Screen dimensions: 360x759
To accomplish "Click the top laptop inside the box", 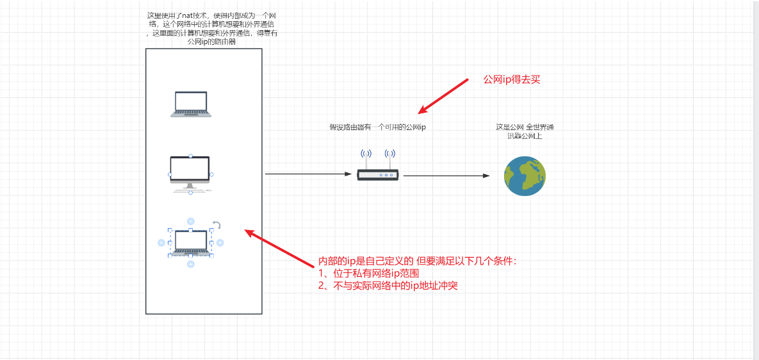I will coord(191,104).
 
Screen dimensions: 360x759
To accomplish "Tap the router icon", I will coord(378,174).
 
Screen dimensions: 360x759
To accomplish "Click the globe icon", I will coord(525,175).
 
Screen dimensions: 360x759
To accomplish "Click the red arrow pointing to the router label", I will coord(445,96).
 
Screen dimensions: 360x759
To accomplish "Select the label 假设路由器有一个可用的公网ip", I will coord(377,127).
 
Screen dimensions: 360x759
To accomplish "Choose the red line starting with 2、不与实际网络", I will coord(388,286).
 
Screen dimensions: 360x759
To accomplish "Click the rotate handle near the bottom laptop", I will coord(217,225).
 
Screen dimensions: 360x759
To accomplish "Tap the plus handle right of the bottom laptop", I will coord(220,242).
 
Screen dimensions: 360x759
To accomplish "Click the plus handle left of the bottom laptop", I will coord(161,242).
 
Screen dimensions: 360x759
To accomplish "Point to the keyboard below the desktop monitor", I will coord(190,190).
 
